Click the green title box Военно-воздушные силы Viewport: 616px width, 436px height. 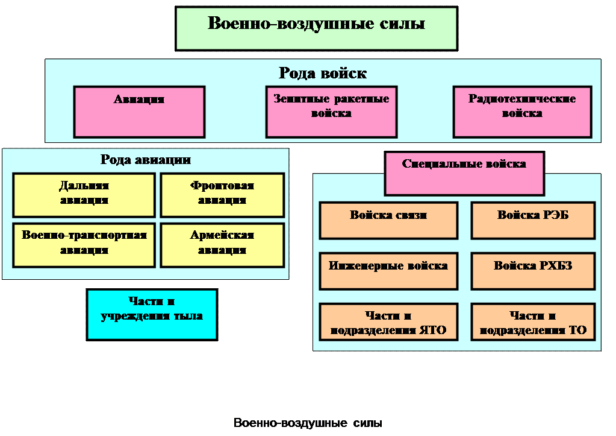(x=316, y=28)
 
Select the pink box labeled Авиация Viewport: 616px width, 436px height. (x=139, y=112)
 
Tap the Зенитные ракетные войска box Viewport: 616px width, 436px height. (x=331, y=112)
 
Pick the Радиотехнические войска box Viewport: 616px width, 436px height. (x=521, y=112)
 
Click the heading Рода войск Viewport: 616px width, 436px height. (x=323, y=74)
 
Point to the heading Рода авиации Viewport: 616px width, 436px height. (x=145, y=160)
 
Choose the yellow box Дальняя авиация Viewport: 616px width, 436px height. (x=84, y=194)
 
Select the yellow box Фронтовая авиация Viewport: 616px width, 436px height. (x=222, y=194)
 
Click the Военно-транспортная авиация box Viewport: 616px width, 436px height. (x=84, y=244)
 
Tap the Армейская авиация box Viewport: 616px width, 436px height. (x=222, y=244)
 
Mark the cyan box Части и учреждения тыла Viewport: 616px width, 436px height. (x=152, y=314)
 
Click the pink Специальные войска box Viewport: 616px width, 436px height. (x=464, y=174)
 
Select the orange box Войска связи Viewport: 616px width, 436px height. (x=388, y=220)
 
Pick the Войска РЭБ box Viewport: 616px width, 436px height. (x=533, y=220)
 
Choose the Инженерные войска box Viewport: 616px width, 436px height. (x=388, y=270)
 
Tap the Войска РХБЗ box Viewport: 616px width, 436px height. (x=533, y=270)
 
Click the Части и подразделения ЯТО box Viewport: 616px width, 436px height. (x=388, y=322)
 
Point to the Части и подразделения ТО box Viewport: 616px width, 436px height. (x=533, y=322)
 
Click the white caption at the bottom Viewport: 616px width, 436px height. (x=308, y=423)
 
